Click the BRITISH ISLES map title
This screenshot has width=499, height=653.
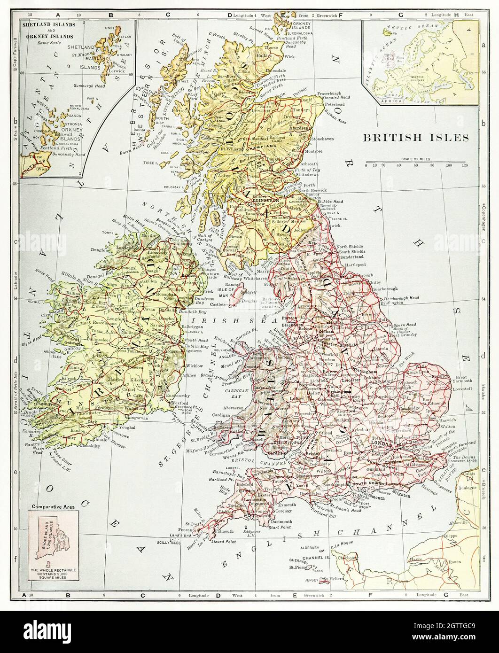(415, 138)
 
